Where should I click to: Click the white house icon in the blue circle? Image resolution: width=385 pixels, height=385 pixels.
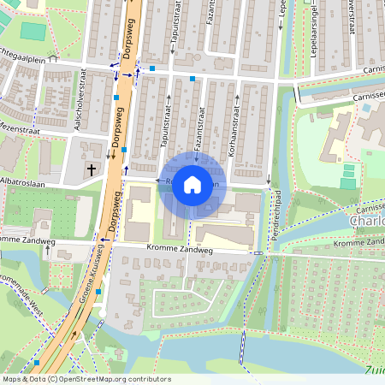[192, 183]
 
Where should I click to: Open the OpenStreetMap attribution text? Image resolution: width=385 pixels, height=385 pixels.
[86, 379]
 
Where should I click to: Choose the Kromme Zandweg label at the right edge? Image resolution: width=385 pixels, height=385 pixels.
[358, 244]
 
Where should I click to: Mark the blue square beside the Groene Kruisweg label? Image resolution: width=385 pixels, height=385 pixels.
[98, 292]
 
